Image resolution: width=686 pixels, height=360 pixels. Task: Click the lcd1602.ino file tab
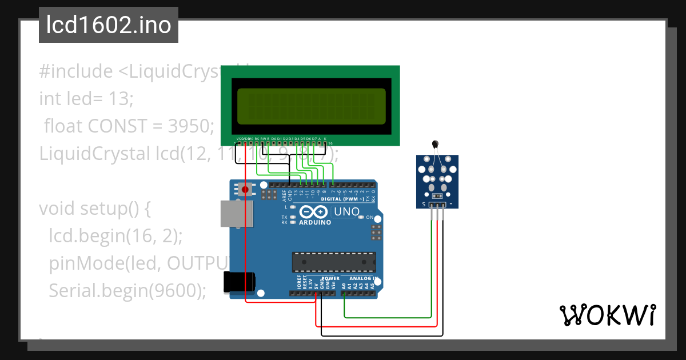tap(109, 25)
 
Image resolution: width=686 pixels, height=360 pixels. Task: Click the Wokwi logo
tap(607, 315)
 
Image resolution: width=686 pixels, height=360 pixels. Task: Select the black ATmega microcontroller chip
tap(334, 262)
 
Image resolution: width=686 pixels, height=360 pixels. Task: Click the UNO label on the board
tap(347, 212)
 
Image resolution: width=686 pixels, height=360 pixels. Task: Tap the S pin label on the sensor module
tap(424, 204)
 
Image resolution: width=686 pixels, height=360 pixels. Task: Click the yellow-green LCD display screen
tap(312, 106)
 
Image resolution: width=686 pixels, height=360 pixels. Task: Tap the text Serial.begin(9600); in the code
tap(127, 291)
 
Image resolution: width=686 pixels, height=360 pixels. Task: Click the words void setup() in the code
tap(94, 209)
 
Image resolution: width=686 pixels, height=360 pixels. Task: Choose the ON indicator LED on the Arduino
tap(362, 218)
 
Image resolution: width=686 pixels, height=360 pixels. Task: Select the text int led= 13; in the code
tap(86, 99)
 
